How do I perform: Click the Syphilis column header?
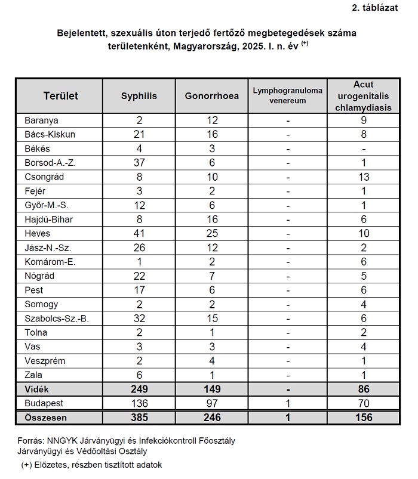[x=139, y=95]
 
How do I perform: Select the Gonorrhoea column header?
[x=212, y=95]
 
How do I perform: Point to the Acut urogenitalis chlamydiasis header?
[x=363, y=95]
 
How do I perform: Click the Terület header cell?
[x=61, y=95]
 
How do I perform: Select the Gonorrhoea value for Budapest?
[x=212, y=403]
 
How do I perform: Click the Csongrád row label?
[x=44, y=177]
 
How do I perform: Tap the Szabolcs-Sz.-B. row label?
[x=57, y=319]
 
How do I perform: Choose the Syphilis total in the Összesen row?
[x=139, y=418]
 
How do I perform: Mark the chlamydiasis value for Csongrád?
[x=363, y=177]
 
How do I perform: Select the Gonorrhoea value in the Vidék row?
[x=212, y=389]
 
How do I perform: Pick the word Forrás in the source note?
[x=33, y=441]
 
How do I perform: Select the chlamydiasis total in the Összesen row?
[x=363, y=418]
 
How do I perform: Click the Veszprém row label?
[x=45, y=361]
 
